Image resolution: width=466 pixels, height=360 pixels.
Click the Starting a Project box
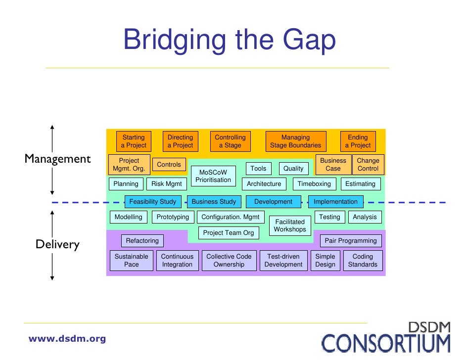click(x=134, y=141)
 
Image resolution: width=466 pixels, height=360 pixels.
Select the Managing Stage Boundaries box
click(x=295, y=141)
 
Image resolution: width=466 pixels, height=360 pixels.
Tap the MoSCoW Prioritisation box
click(x=213, y=176)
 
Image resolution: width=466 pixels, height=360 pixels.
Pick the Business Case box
click(x=333, y=165)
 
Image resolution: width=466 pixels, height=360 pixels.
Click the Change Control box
click(x=368, y=165)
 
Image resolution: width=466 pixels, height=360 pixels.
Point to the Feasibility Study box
click(x=152, y=202)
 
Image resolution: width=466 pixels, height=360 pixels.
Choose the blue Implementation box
click(x=335, y=202)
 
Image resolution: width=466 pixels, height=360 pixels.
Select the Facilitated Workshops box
click(x=290, y=225)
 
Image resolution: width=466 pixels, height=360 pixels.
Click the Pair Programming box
click(x=350, y=241)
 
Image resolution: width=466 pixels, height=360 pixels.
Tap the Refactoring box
click(x=142, y=241)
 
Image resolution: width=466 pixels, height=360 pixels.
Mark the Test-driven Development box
click(x=283, y=261)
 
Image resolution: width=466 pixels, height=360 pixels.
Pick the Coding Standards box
click(x=363, y=261)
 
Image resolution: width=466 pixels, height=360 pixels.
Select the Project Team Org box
click(x=228, y=233)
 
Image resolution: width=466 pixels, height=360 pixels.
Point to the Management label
click(x=58, y=159)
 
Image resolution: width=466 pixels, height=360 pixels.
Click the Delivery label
click(x=57, y=244)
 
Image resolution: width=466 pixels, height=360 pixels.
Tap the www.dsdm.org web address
click(x=67, y=339)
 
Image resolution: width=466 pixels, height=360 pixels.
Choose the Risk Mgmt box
click(x=166, y=184)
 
